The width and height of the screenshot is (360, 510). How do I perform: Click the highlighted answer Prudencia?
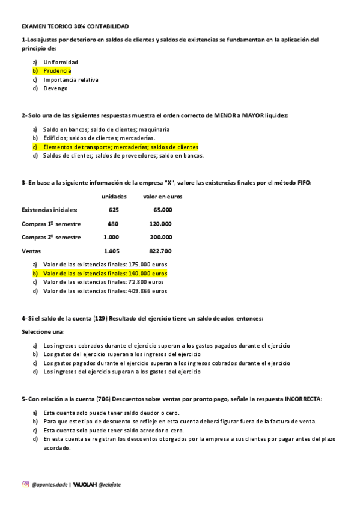point(57,70)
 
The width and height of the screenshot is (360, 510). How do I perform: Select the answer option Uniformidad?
point(60,62)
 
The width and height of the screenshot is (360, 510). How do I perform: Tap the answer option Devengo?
point(55,88)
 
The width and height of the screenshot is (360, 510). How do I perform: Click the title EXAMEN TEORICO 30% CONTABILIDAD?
point(75,27)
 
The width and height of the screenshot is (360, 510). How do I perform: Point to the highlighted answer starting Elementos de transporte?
point(120,147)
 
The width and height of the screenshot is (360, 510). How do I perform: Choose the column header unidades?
point(114,197)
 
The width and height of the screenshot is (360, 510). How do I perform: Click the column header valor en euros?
point(163,197)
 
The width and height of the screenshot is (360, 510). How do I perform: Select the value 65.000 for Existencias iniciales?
point(163,210)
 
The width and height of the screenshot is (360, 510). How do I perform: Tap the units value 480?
point(113,223)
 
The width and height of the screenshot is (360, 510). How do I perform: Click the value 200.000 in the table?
point(161,237)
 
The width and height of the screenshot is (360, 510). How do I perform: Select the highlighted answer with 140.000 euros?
point(105,273)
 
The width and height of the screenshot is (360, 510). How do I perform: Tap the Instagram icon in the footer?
point(25,484)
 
